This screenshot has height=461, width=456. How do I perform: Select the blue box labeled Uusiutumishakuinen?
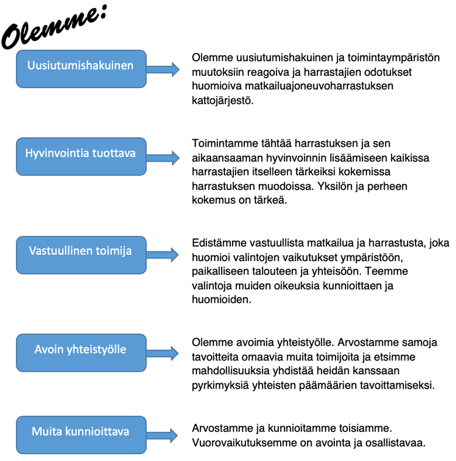[81, 65]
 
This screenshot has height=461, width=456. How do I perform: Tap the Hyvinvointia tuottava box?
[81, 154]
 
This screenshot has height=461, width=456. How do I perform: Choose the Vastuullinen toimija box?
[81, 251]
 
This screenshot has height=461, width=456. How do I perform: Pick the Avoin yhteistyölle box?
[81, 350]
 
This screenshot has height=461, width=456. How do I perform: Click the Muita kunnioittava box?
[81, 432]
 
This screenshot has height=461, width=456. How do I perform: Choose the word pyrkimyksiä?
[220, 385]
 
